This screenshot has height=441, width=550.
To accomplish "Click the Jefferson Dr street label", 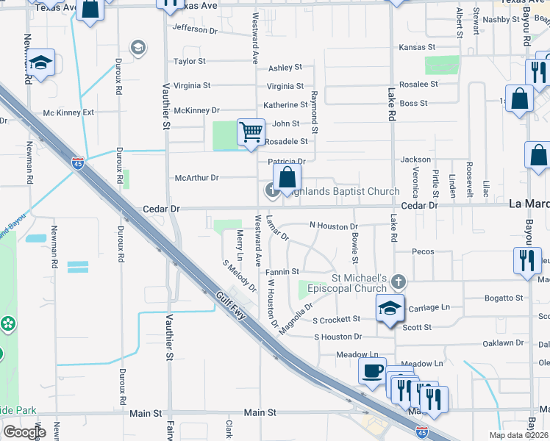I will point(195,30).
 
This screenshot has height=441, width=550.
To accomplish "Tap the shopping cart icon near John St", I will point(251,132).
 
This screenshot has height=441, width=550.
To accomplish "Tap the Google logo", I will point(24,432).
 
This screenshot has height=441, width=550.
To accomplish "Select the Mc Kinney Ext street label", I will point(68,112).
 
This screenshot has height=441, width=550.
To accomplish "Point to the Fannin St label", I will point(282,272).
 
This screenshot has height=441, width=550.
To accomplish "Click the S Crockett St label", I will point(336,320).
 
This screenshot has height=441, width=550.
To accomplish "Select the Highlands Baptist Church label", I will point(340,192).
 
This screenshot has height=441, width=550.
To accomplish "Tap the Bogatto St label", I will point(503,298).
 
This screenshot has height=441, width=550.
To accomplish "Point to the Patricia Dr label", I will point(286,161).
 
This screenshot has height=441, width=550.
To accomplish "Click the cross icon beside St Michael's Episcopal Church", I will point(398,282).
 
